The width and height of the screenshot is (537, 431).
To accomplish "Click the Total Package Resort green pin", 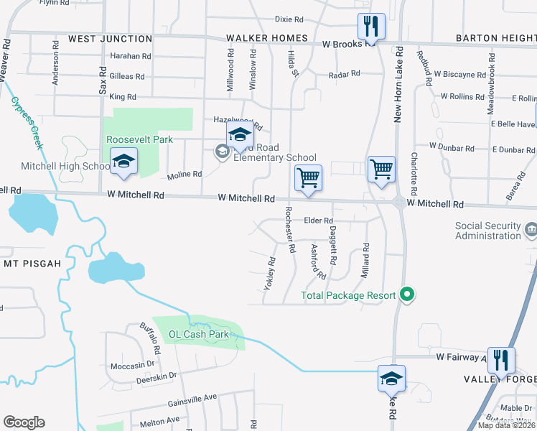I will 408,295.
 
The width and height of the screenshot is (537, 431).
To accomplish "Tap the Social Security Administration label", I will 487,231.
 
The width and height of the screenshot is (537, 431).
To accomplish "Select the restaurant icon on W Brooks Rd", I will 371,27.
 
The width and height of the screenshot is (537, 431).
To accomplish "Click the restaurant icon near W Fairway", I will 501,359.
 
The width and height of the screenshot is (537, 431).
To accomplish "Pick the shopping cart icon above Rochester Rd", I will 308,177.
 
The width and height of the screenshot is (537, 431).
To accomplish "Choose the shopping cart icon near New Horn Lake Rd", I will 381,170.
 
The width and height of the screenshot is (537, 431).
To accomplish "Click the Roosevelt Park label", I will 131,139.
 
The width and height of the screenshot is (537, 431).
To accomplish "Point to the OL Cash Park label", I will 198,334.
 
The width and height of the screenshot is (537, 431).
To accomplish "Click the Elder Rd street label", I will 319,221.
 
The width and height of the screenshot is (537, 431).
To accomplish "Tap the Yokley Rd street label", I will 269,274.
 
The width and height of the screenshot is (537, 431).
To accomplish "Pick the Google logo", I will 24,422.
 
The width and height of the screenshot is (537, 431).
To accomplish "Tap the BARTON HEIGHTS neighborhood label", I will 496,38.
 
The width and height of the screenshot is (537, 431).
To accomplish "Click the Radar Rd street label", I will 343,75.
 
